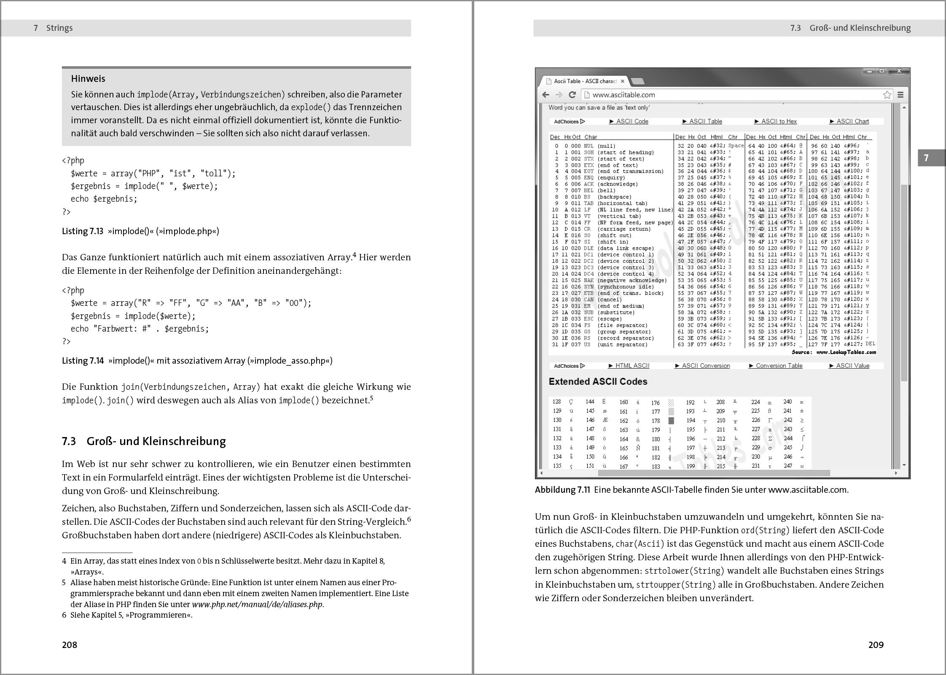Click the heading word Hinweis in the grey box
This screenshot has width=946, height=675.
click(88, 78)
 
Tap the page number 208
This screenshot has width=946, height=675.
click(70, 645)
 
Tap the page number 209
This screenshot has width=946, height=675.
click(876, 645)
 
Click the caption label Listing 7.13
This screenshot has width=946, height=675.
click(83, 231)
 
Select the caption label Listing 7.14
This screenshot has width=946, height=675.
click(83, 361)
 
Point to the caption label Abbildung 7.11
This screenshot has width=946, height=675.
click(562, 490)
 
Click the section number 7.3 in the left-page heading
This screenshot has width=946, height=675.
click(69, 441)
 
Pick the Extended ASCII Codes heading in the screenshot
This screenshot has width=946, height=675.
click(598, 381)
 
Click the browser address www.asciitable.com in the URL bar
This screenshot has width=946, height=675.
click(623, 95)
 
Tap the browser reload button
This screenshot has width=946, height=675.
click(572, 95)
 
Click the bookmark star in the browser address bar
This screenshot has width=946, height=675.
click(887, 95)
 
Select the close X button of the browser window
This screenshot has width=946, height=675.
click(899, 71)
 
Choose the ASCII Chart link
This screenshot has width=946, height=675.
click(852, 121)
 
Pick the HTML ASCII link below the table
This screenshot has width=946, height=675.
click(632, 366)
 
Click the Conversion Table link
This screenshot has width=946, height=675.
click(778, 366)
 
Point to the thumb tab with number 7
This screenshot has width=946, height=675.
click(926, 158)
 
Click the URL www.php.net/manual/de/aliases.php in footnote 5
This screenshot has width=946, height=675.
click(257, 604)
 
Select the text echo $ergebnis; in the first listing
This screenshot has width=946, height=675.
click(104, 199)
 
